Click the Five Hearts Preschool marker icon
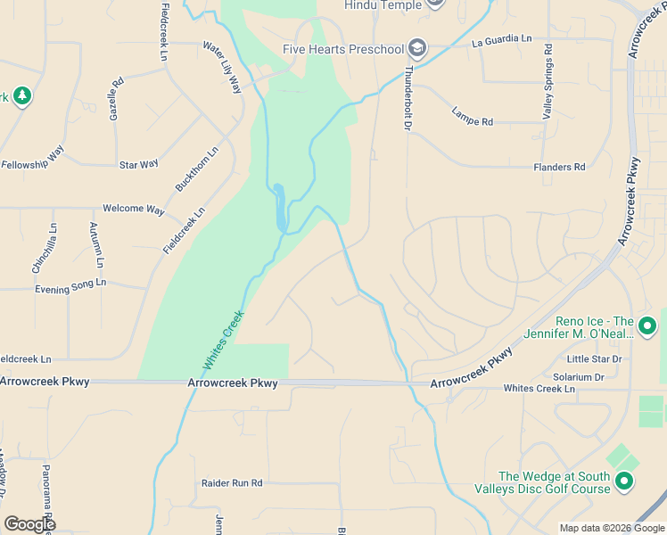pyautogui.click(x=417, y=48)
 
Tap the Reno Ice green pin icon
pyautogui.click(x=647, y=327)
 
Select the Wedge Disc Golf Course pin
pyautogui.click(x=623, y=482)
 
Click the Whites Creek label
pyautogui.click(x=224, y=340)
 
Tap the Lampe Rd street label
pyautogui.click(x=472, y=116)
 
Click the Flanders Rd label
pyautogui.click(x=559, y=167)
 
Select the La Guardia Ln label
pyautogui.click(x=502, y=41)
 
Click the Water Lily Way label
pyautogui.click(x=223, y=67)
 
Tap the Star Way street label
pyautogui.click(x=139, y=164)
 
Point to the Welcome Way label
pyautogui.click(x=134, y=210)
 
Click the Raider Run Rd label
pyautogui.click(x=232, y=483)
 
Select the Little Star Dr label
pyautogui.click(x=599, y=359)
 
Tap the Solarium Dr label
pyautogui.click(x=579, y=377)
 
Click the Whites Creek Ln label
pyautogui.click(x=539, y=389)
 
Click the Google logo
pyautogui.click(x=29, y=524)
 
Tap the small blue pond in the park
pyautogui.click(x=281, y=208)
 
